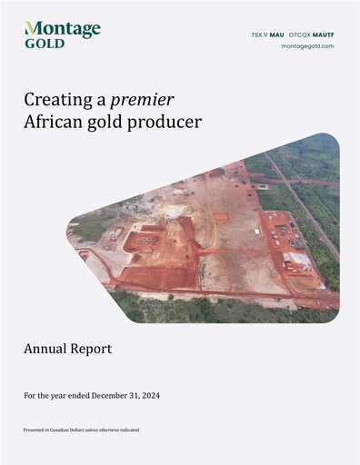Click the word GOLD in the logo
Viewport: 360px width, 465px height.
click(45, 43)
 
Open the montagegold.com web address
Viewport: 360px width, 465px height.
click(308, 46)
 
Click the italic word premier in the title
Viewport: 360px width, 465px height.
click(144, 99)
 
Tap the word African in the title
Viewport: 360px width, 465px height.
click(53, 121)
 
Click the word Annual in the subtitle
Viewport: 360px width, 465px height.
click(47, 348)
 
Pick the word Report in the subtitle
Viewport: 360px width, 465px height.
click(94, 348)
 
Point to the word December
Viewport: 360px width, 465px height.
click(105, 395)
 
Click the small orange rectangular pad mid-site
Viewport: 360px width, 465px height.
click(220, 217)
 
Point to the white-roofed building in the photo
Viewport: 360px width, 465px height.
click(297, 260)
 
